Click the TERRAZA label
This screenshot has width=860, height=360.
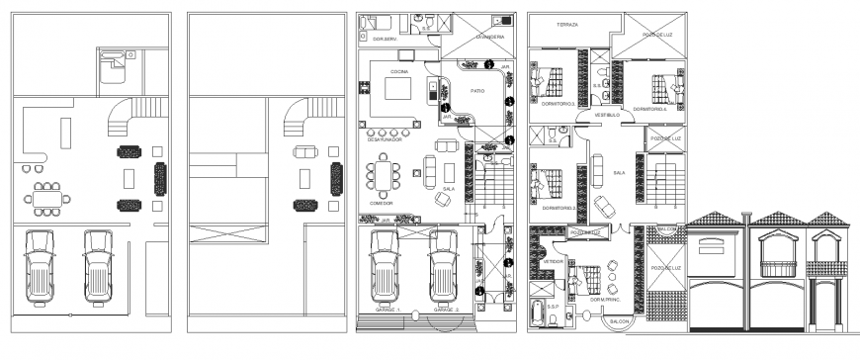tap(567, 23)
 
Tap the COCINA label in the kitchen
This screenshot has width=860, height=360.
tap(399, 72)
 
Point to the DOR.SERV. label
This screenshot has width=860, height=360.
tap(385, 39)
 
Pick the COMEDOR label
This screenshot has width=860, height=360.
tap(382, 203)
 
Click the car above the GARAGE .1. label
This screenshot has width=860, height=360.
tap(385, 267)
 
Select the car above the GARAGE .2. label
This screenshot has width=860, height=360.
tap(444, 267)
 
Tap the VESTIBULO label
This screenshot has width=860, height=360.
tap(606, 114)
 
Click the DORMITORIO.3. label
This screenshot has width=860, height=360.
tap(546, 103)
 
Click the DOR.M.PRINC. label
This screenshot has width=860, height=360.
tap(604, 300)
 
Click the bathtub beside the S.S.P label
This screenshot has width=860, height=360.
tap(540, 315)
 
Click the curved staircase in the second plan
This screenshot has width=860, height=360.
tap(299, 119)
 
